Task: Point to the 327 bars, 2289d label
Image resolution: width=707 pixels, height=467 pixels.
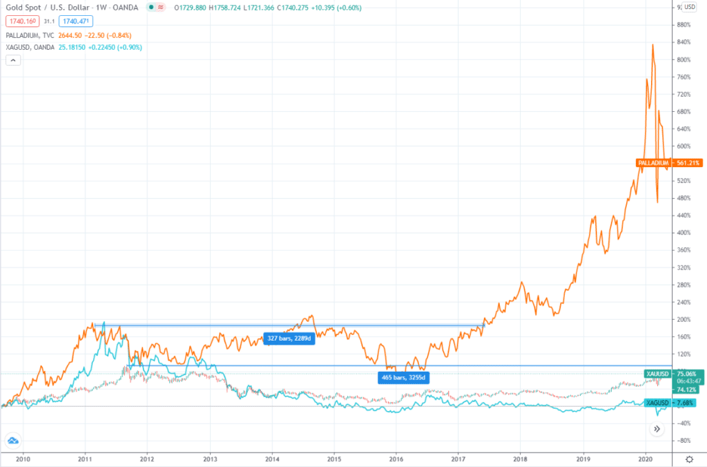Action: click(x=289, y=339)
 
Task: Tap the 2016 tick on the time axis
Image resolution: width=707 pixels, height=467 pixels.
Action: click(x=396, y=459)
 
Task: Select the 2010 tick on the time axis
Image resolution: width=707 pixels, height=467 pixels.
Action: click(x=23, y=459)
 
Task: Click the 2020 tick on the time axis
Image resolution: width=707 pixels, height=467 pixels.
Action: click(x=645, y=459)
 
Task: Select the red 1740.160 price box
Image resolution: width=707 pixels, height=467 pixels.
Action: click(x=22, y=21)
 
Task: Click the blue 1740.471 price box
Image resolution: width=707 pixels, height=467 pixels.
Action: click(x=77, y=21)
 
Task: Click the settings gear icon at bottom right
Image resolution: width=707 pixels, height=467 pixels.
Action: click(x=689, y=459)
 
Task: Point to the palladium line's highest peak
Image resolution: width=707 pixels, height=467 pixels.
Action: click(x=652, y=45)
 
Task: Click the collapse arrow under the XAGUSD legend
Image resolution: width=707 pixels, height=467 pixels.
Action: click(x=12, y=60)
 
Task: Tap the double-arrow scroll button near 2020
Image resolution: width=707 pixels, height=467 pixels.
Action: click(x=657, y=429)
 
